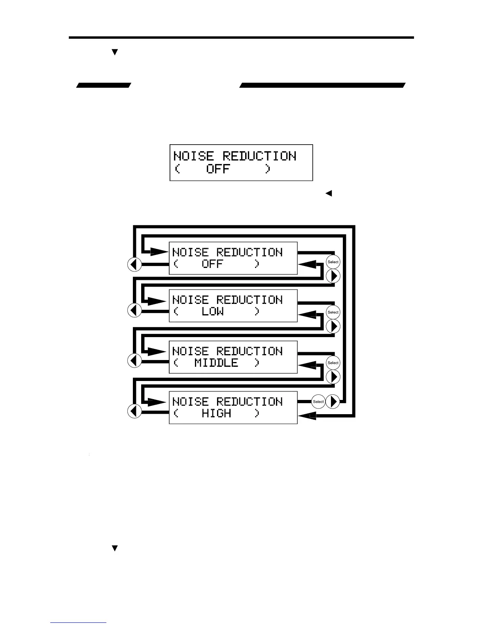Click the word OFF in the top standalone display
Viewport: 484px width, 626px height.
click(x=218, y=169)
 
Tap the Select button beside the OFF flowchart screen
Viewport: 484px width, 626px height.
click(x=333, y=262)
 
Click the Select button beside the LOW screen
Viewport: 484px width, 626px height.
click(x=333, y=312)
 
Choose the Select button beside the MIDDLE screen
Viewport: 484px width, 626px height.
click(x=333, y=363)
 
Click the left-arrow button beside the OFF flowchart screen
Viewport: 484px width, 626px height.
click(x=134, y=264)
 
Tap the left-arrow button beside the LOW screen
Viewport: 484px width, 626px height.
click(x=134, y=310)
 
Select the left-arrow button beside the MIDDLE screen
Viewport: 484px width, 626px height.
click(x=134, y=360)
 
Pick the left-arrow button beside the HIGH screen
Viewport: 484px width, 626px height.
click(x=134, y=411)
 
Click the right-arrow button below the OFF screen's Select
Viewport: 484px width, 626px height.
click(x=333, y=276)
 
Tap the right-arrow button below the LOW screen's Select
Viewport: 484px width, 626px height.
click(x=333, y=326)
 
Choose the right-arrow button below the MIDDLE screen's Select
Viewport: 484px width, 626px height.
click(x=333, y=377)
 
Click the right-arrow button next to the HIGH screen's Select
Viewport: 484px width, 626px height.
click(x=333, y=402)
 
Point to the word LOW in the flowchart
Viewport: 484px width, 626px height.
click(x=213, y=311)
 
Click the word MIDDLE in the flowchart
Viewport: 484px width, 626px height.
click(x=216, y=363)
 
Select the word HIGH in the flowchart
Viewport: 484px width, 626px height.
click(x=216, y=413)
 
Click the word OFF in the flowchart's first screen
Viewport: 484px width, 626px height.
click(x=213, y=264)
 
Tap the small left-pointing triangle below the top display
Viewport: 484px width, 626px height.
click(x=328, y=194)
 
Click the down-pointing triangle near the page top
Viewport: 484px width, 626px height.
click(x=115, y=52)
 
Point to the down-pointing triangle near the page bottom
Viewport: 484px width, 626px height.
click(x=115, y=549)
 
